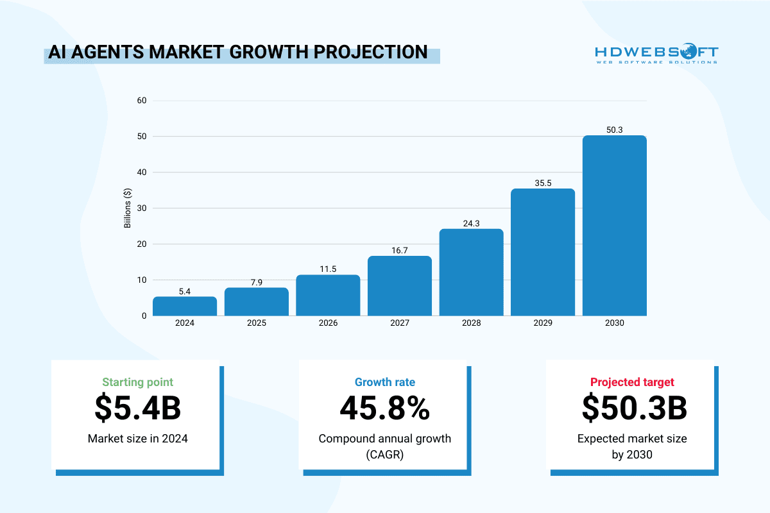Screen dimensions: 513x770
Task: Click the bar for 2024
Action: (x=185, y=306)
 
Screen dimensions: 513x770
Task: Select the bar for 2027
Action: (x=400, y=286)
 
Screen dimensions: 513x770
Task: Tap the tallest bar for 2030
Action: (x=615, y=226)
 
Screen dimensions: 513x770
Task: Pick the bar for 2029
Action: (x=543, y=252)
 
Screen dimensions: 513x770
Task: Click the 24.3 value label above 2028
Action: (x=472, y=224)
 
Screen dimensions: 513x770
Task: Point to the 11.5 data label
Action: (x=328, y=269)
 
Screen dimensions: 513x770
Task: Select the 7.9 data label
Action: (x=256, y=283)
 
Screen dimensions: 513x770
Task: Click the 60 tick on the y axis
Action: (x=142, y=101)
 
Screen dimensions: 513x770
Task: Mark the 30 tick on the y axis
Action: (x=142, y=208)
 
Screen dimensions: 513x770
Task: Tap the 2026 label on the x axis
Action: (x=328, y=323)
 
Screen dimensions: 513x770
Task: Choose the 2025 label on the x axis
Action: (x=256, y=323)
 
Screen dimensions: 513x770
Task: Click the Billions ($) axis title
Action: (x=128, y=208)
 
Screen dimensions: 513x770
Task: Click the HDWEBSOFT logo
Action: (x=656, y=53)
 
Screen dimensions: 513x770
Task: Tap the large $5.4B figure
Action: (x=137, y=408)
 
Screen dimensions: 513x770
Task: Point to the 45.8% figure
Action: (x=385, y=408)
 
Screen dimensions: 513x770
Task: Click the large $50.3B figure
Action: (x=632, y=408)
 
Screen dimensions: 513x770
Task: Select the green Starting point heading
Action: (x=137, y=382)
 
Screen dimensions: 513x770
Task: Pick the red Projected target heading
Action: (x=632, y=382)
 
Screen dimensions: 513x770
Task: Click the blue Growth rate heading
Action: (x=385, y=382)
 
